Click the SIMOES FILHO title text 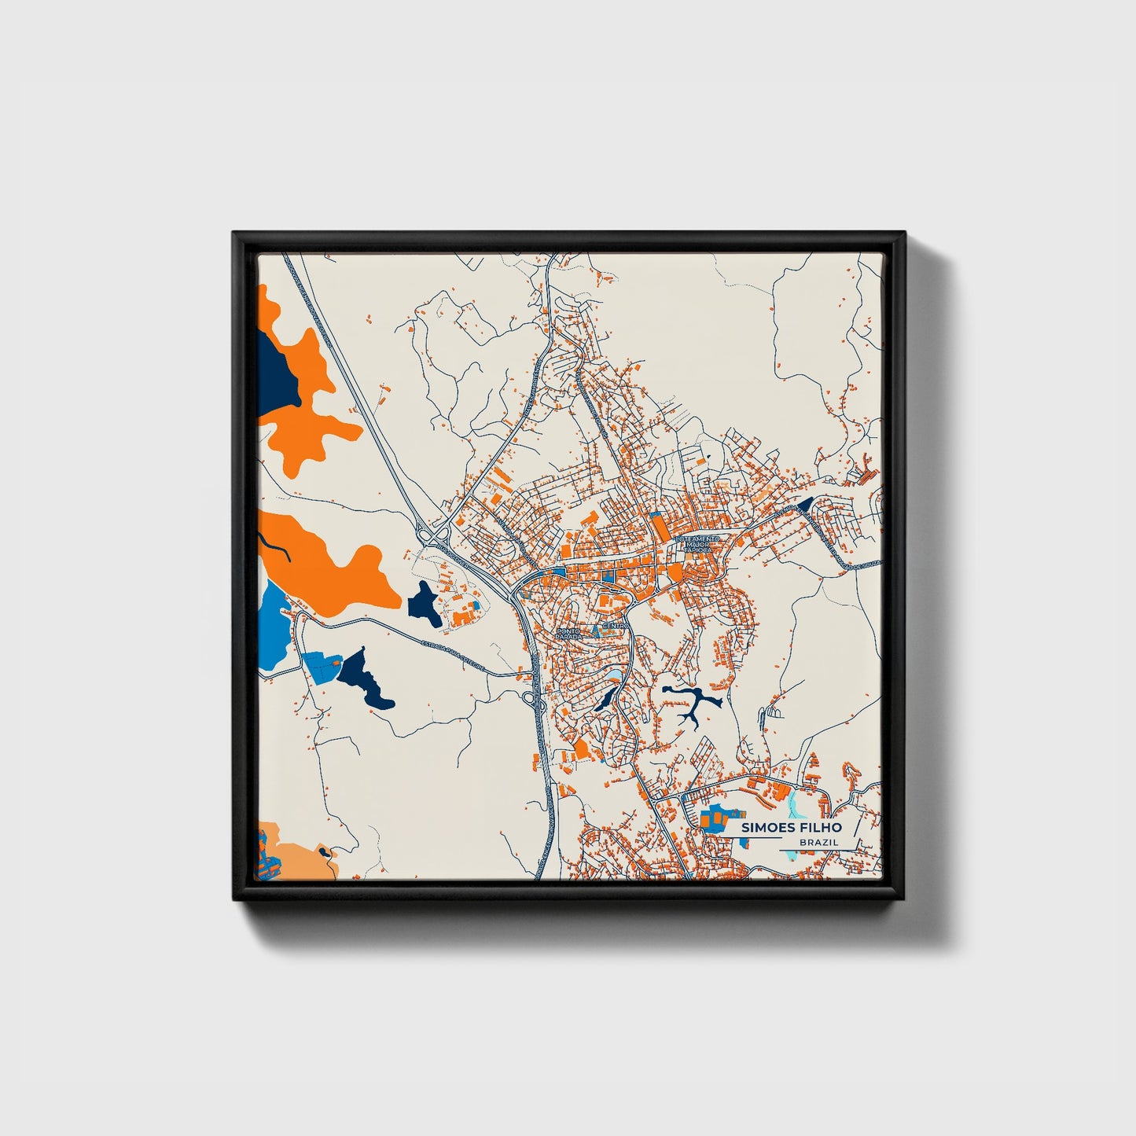click(790, 827)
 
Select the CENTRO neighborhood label click(613, 626)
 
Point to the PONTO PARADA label click(568, 633)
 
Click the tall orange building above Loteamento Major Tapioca click(656, 522)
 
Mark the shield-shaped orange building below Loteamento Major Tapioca click(675, 573)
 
